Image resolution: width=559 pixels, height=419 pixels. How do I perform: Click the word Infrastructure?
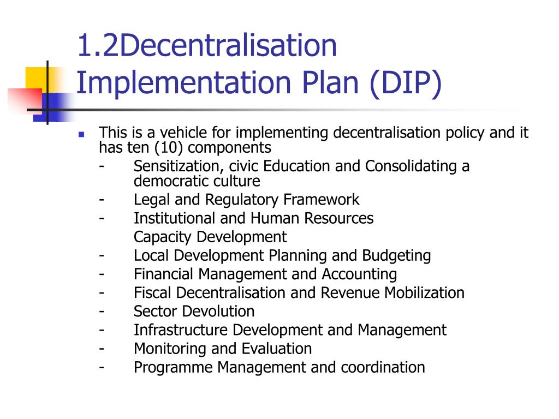pyautogui.click(x=181, y=330)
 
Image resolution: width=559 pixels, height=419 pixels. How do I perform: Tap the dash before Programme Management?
pyautogui.click(x=102, y=367)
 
